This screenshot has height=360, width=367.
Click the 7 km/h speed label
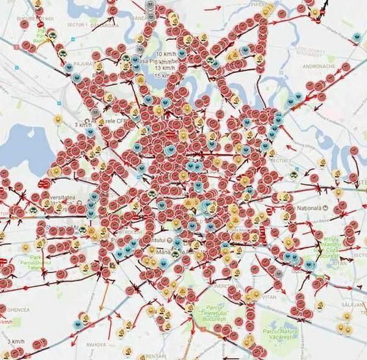click(81, 125)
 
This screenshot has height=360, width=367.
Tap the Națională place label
click(308, 209)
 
